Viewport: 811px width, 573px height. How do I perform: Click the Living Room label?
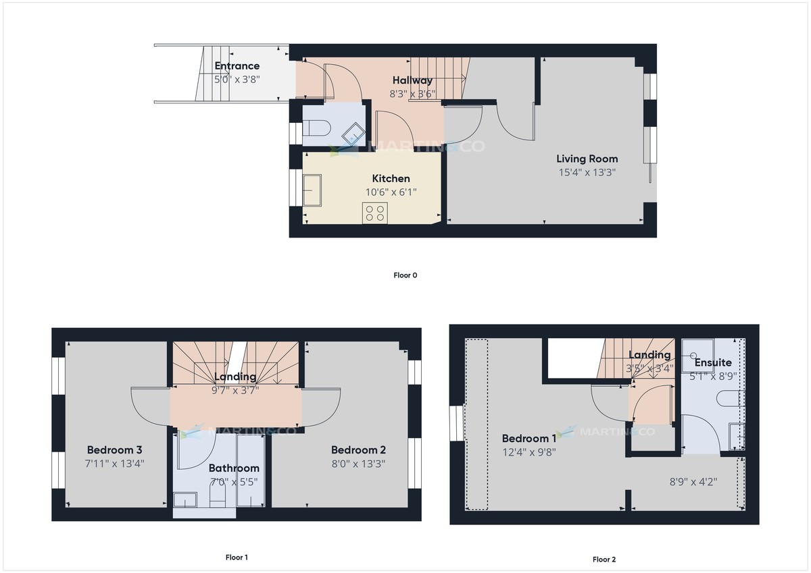587,159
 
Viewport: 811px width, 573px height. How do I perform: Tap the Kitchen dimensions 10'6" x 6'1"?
391,192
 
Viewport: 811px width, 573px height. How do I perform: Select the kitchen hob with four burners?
375,213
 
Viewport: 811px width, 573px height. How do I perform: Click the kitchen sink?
313,190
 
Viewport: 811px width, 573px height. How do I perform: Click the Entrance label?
237,66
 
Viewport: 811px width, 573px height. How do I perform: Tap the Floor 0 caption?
405,275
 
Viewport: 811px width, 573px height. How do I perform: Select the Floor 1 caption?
237,557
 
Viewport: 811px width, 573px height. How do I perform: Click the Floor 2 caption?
604,559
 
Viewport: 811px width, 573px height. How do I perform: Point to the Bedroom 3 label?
114,450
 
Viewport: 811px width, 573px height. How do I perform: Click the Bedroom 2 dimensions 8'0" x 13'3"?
358,464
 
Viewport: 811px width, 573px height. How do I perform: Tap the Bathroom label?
233,468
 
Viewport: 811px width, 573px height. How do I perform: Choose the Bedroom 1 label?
529,439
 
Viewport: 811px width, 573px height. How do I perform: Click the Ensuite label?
713,362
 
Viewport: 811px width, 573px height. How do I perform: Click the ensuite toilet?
731,399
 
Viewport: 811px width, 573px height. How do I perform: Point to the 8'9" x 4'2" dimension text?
693,482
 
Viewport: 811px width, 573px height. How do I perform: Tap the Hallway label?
412,81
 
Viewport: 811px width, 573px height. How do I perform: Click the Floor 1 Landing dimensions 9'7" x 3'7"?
235,389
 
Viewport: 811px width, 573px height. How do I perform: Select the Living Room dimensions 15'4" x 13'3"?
587,172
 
